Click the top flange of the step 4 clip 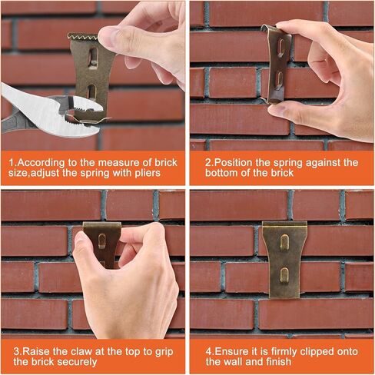tap(284, 225)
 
